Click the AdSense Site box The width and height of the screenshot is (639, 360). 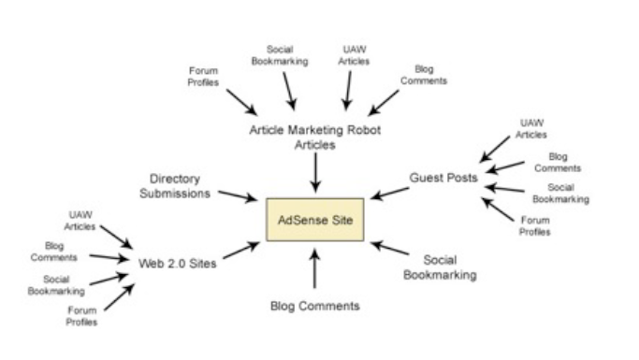coord(315,220)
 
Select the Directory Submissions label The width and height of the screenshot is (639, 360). coord(175,186)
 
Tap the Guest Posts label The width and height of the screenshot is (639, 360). coord(443,178)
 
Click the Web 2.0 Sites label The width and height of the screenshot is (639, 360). coord(177,264)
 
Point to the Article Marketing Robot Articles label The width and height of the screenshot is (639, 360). coord(315,137)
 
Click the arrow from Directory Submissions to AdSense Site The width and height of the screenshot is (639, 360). coord(238,195)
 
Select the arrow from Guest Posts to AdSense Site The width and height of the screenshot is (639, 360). coord(390,194)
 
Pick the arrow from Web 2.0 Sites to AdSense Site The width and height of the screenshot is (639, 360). coord(241,250)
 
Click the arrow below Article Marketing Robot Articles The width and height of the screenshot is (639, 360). coord(315,172)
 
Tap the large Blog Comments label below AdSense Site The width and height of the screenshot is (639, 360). coord(315,307)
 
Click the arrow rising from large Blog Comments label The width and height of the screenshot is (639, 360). coord(314,268)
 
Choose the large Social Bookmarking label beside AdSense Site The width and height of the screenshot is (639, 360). coord(440,267)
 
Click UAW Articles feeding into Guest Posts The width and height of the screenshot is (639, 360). coord(531,129)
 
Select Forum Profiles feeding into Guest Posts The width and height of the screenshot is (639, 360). coord(534,226)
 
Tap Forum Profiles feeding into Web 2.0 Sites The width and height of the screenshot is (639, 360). coord(81,316)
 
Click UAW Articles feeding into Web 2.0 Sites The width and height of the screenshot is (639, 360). coord(80,221)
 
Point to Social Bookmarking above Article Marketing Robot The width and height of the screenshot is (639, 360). coord(280,55)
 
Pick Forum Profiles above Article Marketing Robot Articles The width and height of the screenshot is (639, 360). coord(203,77)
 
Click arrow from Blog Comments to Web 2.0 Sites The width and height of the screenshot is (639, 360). coord(109,257)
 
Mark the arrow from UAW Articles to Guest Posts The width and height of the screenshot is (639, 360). coord(495,150)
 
